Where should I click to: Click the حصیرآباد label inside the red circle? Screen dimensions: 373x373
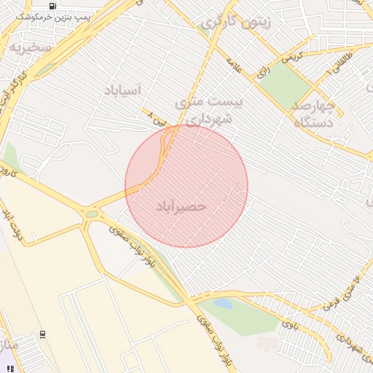pos(181,207)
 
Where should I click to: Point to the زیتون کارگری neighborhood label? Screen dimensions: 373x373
pos(235,23)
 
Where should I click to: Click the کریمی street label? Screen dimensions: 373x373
pos(291,55)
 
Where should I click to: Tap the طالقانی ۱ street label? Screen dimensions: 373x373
pos(342,66)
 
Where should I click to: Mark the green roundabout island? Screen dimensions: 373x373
pos(92,214)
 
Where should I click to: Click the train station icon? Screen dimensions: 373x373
pos(42,334)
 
